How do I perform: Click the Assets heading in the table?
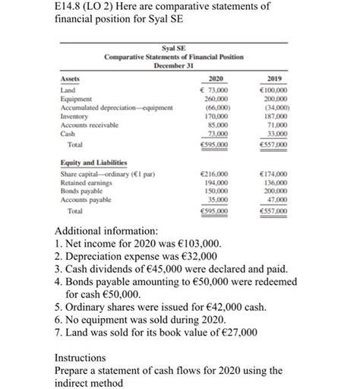click(x=70, y=77)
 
